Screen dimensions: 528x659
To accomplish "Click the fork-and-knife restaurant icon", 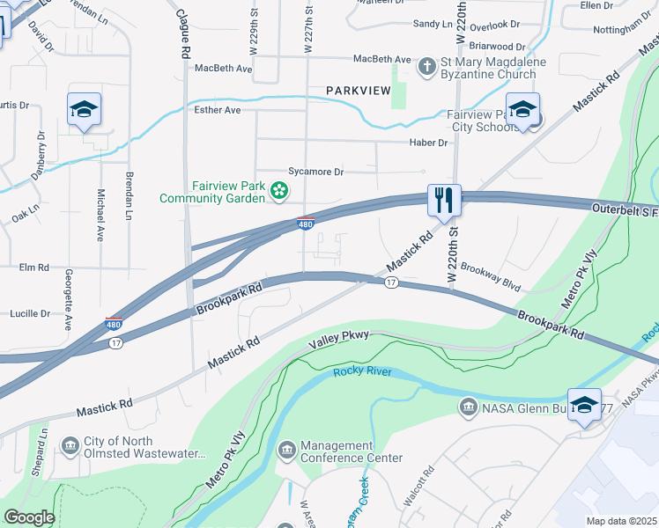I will point(442,201).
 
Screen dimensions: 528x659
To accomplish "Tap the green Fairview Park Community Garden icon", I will point(279,189).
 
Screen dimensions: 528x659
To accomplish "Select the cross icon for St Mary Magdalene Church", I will point(426,66).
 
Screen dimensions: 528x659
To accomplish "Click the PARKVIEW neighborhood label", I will point(357,91).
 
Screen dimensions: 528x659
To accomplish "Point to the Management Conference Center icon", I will point(286,451).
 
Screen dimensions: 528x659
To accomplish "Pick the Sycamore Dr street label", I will point(315,172).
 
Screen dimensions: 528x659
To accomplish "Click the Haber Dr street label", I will point(429,143).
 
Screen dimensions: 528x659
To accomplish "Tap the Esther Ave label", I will point(218,110).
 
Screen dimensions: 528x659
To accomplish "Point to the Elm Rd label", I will point(33,267).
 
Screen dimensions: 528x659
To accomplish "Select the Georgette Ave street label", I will point(68,300).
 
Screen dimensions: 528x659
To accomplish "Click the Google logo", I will point(29,517).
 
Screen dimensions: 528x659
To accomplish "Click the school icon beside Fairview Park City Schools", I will point(522,111).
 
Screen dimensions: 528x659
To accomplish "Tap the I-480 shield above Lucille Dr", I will point(114,324).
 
